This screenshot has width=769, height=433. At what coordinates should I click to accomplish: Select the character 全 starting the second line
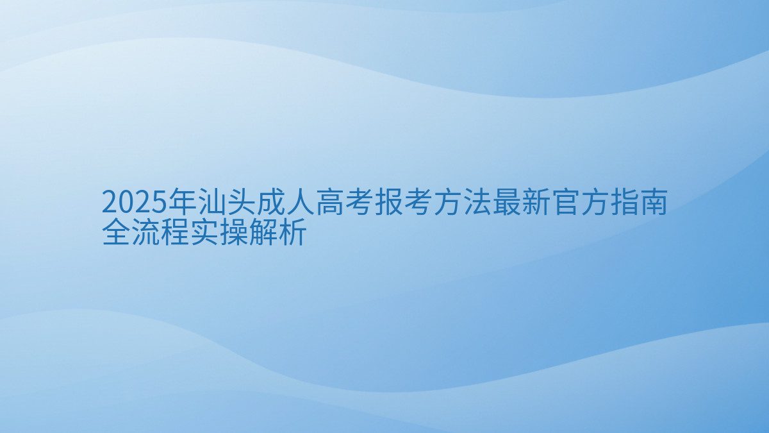(115, 233)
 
